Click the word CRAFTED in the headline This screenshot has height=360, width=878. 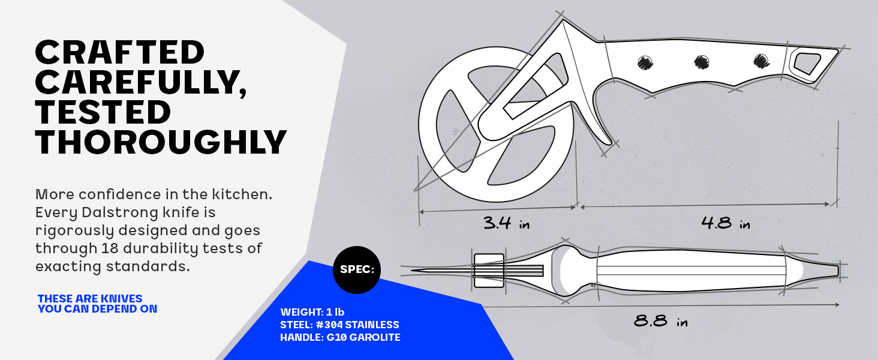pyautogui.click(x=120, y=53)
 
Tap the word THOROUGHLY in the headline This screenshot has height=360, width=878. pyautogui.click(x=161, y=142)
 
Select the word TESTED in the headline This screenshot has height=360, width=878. pyautogui.click(x=103, y=112)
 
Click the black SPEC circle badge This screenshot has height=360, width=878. pyautogui.click(x=357, y=269)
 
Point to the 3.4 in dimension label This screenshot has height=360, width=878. pyautogui.click(x=507, y=224)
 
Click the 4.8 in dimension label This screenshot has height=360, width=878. pyautogui.click(x=726, y=224)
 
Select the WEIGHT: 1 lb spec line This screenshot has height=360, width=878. pyautogui.click(x=312, y=312)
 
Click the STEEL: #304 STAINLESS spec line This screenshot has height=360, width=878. pyautogui.click(x=339, y=325)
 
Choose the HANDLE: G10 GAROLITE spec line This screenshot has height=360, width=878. pyautogui.click(x=340, y=337)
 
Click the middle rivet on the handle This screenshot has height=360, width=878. pyautogui.click(x=702, y=61)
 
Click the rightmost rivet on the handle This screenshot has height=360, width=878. pyautogui.click(x=761, y=60)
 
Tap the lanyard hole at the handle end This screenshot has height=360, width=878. pyautogui.click(x=807, y=62)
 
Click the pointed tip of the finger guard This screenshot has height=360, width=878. pyautogui.click(x=613, y=143)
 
